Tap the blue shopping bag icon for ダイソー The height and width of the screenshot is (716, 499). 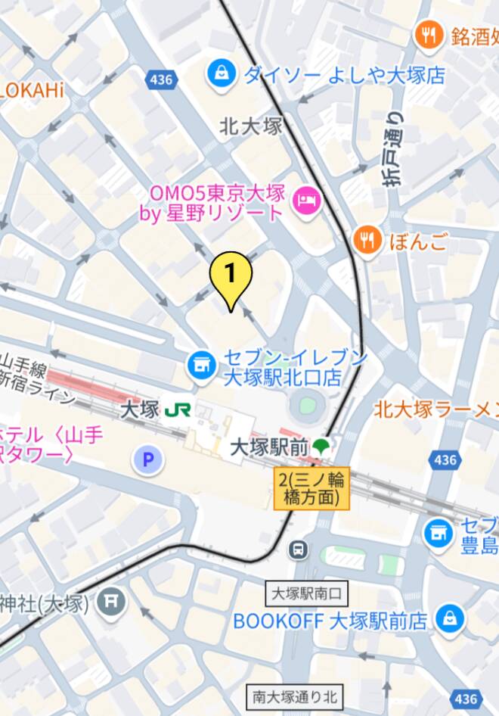click(x=221, y=74)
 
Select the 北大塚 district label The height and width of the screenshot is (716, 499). click(x=251, y=126)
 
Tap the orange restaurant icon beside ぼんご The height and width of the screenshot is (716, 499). click(x=367, y=240)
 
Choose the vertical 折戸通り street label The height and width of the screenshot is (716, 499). click(x=392, y=150)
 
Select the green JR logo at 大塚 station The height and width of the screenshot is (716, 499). click(x=178, y=410)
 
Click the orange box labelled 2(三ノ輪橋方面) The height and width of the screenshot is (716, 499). click(x=312, y=488)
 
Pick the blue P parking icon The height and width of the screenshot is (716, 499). click(x=147, y=459)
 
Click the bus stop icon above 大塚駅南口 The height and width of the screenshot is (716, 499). click(x=300, y=548)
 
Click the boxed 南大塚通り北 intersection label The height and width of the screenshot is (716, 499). click(x=295, y=696)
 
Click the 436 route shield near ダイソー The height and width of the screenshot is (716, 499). click(x=160, y=79)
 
